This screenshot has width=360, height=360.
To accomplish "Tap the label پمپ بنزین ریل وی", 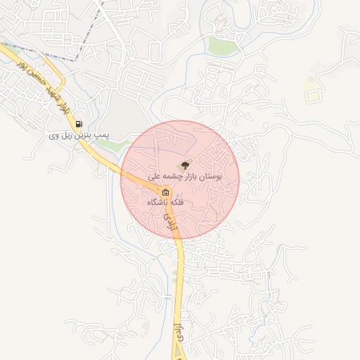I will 72,134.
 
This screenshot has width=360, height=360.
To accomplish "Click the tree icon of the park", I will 185,165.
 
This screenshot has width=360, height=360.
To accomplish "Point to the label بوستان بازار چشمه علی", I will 186,176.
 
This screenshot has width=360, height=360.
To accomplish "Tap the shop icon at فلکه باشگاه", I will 165,192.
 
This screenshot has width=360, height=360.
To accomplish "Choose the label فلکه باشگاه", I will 165,202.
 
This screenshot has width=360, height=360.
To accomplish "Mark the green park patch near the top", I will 224,46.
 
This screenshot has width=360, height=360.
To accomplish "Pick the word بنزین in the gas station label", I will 75,134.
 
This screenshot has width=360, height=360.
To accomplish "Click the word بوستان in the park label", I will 210,176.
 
